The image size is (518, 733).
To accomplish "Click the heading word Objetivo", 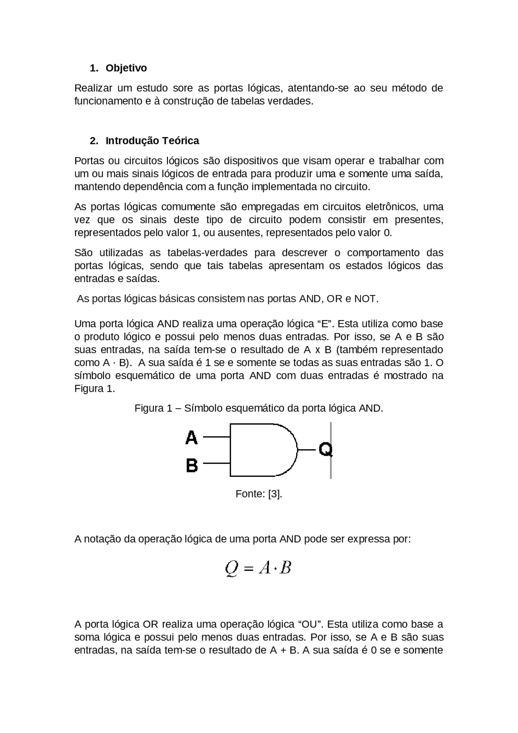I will (x=126, y=68).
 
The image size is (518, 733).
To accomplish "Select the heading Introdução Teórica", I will (x=152, y=141).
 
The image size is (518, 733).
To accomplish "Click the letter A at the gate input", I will (x=191, y=438).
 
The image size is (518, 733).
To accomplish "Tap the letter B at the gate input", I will (x=192, y=465).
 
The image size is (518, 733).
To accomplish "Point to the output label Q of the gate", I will (x=325, y=450).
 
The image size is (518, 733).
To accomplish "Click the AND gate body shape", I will (x=259, y=450).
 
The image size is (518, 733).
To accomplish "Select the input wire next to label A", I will (x=216, y=437).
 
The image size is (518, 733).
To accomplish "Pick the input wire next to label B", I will (x=216, y=463).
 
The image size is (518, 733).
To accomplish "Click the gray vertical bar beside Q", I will (x=331, y=470).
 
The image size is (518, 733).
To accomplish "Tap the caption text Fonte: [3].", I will (x=259, y=494).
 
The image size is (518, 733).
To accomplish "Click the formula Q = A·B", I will (x=258, y=568).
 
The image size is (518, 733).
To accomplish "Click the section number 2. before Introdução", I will (x=94, y=141).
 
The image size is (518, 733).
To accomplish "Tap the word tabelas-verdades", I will (x=207, y=253).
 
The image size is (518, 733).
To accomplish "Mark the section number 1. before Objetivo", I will (x=94, y=68).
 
